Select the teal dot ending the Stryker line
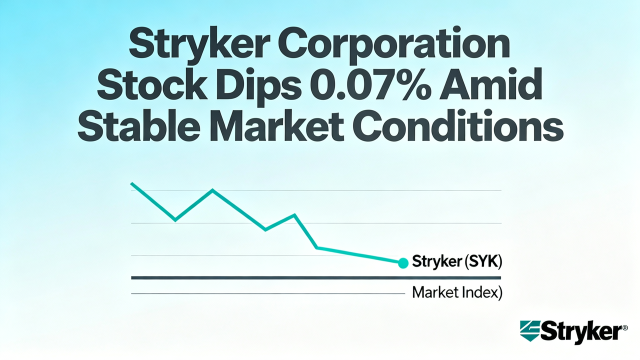pyautogui.click(x=403, y=262)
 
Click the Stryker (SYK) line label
pyautogui.click(x=456, y=261)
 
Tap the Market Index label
pyautogui.click(x=456, y=292)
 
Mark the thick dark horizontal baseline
pyautogui.click(x=315, y=277)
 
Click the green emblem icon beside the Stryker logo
pyautogui.click(x=529, y=331)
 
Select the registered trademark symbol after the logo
pyautogui.click(x=624, y=327)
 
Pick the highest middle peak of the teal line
pyautogui.click(x=213, y=190)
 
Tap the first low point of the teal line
pyautogui.click(x=175, y=219)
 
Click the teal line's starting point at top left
pyautogui.click(x=131, y=183)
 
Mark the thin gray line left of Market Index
pyautogui.click(x=267, y=293)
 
